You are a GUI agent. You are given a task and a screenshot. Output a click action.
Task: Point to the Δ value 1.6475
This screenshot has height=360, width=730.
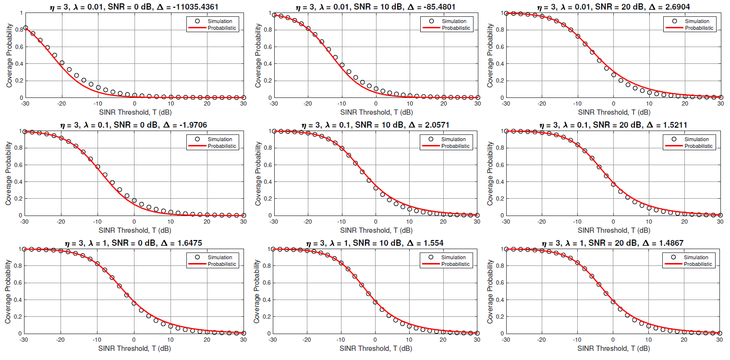pos(186,243)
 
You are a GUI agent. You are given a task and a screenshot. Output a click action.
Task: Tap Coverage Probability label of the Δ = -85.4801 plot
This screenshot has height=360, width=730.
pos(258,55)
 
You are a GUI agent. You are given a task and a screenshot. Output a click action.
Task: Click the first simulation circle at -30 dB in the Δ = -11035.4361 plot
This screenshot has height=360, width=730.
pos(25,28)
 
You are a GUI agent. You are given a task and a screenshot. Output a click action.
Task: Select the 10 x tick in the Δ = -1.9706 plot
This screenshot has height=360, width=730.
pos(170,221)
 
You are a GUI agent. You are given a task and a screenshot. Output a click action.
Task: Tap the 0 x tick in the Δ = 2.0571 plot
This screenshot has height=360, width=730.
pos(376,221)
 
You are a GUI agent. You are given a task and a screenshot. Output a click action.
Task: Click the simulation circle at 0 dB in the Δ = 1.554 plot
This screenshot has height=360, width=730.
pos(376,302)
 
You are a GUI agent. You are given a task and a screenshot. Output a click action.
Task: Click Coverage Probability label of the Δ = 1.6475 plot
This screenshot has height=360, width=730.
pos(9,291)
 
